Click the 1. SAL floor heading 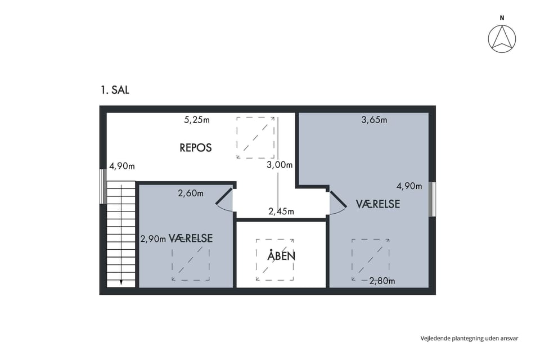pyautogui.click(x=115, y=90)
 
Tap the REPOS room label pyautogui.click(x=196, y=148)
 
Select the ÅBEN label pyautogui.click(x=281, y=255)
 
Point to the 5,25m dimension pyautogui.click(x=197, y=120)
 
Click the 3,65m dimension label pyautogui.click(x=374, y=120)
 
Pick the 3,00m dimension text pyautogui.click(x=280, y=165)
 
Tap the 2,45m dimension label pyautogui.click(x=281, y=211)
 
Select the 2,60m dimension pyautogui.click(x=191, y=193)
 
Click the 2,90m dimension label pyautogui.click(x=153, y=238)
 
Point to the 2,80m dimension pyautogui.click(x=382, y=281)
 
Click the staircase pyautogui.click(x=121, y=234)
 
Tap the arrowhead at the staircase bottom pyautogui.click(x=121, y=283)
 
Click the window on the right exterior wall pyautogui.click(x=432, y=200)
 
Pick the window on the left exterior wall pyautogui.click(x=102, y=186)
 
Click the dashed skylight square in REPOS pyautogui.click(x=255, y=138)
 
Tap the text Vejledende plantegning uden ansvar pyautogui.click(x=469, y=338)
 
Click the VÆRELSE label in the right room pyautogui.click(x=378, y=204)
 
